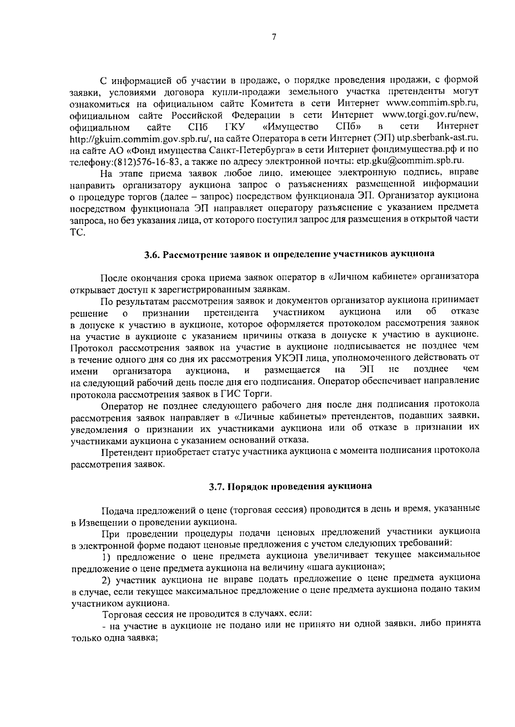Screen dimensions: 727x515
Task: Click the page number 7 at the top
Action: [x=273, y=38]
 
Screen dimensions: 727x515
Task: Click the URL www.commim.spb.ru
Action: [x=432, y=104]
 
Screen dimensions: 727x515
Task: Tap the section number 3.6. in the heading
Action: [x=152, y=254]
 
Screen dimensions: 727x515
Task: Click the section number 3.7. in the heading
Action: [x=218, y=487]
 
